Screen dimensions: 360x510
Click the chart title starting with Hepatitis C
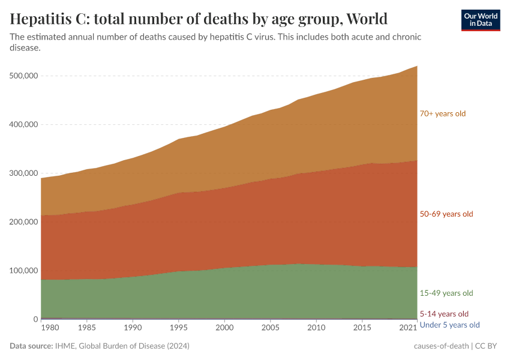pos(199,19)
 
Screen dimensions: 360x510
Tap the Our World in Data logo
pos(480,20)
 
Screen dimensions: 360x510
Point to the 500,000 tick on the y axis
pos(24,76)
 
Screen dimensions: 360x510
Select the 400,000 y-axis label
pos(24,125)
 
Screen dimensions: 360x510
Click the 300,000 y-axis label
pos(24,173)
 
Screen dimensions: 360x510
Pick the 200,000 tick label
pos(24,222)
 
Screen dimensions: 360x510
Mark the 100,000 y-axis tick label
pos(24,271)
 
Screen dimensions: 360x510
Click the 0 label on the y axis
pos(35,319)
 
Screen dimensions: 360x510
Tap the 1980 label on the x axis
pos(50,329)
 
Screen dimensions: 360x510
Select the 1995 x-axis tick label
pos(178,329)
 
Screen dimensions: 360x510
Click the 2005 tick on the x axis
pos(270,329)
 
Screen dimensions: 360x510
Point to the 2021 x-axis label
pos(409,329)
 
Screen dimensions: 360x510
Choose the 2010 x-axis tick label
pos(316,329)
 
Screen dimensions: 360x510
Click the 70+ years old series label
pos(442,113)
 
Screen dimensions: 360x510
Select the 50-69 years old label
pos(446,214)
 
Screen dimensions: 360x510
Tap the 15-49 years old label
pos(446,293)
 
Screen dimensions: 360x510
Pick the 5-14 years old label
pos(443,314)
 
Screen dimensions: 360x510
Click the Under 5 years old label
pos(449,325)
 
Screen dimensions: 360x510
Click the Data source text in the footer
pos(100,346)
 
